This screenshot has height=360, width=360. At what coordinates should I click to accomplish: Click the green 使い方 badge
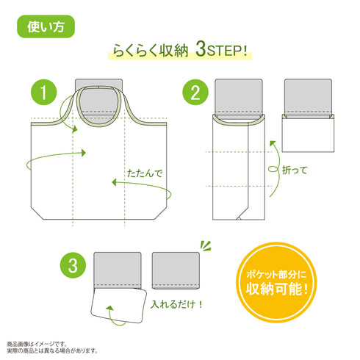click(x=46, y=26)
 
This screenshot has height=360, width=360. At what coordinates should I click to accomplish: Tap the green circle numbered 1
click(x=43, y=93)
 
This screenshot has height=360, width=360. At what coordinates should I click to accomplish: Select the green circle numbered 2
click(x=195, y=93)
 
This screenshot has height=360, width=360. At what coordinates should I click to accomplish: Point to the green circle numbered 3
click(x=73, y=265)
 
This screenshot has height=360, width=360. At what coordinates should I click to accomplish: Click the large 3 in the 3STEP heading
click(x=201, y=49)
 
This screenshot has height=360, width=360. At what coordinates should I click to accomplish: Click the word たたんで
click(x=145, y=173)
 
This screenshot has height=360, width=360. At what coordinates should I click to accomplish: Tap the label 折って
click(x=295, y=170)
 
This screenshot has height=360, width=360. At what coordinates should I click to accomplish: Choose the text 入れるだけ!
click(x=176, y=304)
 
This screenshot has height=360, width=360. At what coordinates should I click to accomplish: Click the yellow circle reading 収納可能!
click(x=276, y=282)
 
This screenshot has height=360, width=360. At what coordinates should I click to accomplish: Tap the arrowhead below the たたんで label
click(x=114, y=182)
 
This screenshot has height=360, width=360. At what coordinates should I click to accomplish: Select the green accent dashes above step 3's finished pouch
click(x=206, y=246)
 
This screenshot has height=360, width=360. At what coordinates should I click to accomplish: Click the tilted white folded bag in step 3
click(x=118, y=306)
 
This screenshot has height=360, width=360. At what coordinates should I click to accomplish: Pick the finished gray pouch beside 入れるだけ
click(x=176, y=270)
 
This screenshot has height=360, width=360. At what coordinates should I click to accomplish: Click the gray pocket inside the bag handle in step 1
click(x=98, y=101)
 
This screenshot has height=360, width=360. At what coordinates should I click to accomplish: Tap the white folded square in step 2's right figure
click(x=308, y=134)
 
